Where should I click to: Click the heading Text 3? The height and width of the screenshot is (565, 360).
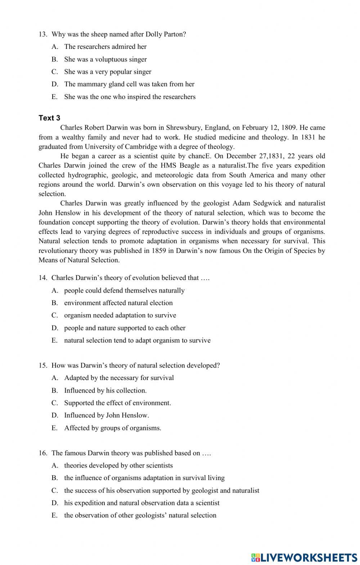[x=49, y=118]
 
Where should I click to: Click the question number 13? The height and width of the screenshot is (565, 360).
[x=43, y=35]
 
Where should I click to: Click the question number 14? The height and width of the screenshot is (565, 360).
[x=43, y=278]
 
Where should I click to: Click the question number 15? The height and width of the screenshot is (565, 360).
[x=43, y=366]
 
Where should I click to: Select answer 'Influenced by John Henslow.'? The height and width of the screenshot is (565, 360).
[x=106, y=415]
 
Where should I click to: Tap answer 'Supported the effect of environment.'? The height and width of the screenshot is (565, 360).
[x=117, y=403]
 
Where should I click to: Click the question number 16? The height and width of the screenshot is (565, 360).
[x=43, y=453]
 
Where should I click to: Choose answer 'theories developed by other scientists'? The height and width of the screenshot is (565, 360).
[x=118, y=466]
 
